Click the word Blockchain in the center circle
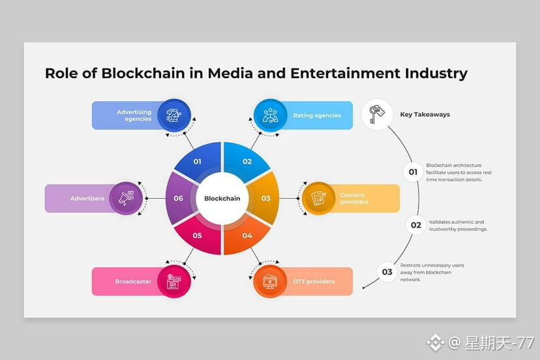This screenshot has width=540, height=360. click(x=222, y=199)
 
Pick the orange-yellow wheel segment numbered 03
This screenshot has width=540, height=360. click(x=266, y=198)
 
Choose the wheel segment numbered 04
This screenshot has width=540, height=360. click(x=247, y=235)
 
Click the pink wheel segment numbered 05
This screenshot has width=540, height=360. click(x=197, y=235)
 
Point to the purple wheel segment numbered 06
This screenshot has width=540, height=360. click(x=178, y=198)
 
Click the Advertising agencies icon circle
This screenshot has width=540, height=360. click(x=173, y=115)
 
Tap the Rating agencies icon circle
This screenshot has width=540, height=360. click(x=270, y=115)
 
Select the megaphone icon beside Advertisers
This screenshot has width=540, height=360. click(x=126, y=198)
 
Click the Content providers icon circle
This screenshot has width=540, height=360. click(x=318, y=198)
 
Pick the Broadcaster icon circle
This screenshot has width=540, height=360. click(x=173, y=282)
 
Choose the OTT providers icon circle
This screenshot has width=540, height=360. click(x=270, y=282)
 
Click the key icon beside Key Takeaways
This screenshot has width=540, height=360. click(x=377, y=114)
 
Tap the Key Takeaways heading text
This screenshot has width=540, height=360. click(x=425, y=115)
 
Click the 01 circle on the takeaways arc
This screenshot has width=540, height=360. click(x=413, y=172)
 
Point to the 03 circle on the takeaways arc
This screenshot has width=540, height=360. click(x=387, y=272)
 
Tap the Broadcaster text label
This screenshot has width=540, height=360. click(x=133, y=282)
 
